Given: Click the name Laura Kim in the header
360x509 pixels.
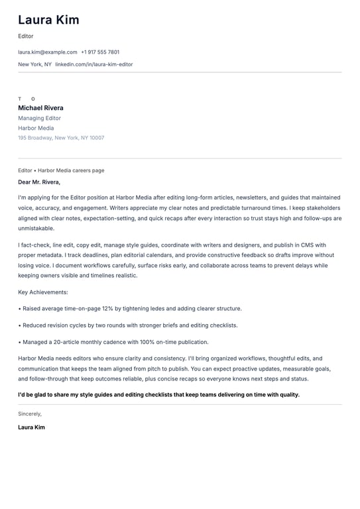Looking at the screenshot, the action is pyautogui.click(x=48, y=20).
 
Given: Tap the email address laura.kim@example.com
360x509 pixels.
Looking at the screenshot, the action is pyautogui.click(x=48, y=52).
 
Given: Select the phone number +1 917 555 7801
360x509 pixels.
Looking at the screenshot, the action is pyautogui.click(x=100, y=52).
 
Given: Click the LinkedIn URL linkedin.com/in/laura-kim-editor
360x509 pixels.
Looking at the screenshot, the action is pyautogui.click(x=94, y=64).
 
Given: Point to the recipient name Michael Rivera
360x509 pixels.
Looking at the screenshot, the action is pyautogui.click(x=41, y=108).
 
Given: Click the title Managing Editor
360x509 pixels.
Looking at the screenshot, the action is pyautogui.click(x=39, y=118).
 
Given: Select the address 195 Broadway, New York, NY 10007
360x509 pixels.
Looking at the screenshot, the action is pyautogui.click(x=61, y=138).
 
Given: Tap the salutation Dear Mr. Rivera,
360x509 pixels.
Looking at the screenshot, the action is pyautogui.click(x=39, y=182).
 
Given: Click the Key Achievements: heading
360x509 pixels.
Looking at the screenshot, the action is pyautogui.click(x=43, y=292).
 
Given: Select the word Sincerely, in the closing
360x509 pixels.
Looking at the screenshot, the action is pyautogui.click(x=30, y=414).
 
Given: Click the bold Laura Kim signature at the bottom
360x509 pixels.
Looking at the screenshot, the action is pyautogui.click(x=32, y=427).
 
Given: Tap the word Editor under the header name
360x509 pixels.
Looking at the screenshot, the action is pyautogui.click(x=26, y=36).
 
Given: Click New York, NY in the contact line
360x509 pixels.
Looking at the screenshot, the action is pyautogui.click(x=34, y=64).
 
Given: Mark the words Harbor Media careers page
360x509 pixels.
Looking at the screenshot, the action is pyautogui.click(x=71, y=170).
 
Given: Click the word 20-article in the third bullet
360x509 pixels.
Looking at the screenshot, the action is pyautogui.click(x=69, y=342).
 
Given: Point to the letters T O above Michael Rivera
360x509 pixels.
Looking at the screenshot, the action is pyautogui.click(x=27, y=99).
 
